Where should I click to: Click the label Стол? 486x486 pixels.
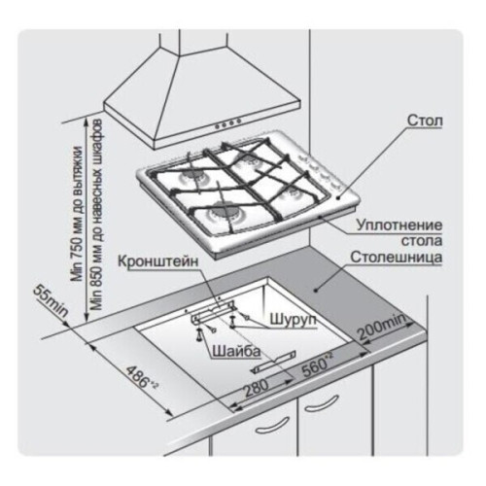tap(425, 121)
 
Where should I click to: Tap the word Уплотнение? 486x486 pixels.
tap(399, 225)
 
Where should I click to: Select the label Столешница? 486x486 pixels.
tap(397, 258)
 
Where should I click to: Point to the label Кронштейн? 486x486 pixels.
tap(157, 261)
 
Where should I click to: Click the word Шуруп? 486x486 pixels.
tap(293, 319)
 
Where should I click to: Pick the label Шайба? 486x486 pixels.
tap(236, 352)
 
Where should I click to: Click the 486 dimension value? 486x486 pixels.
tap(141, 377)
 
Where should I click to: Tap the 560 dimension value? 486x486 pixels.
tap(317, 364)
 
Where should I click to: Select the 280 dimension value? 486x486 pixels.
tap(257, 387)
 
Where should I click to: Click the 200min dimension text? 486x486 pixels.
tap(381, 327)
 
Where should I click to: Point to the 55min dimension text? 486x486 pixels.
tap(51, 300)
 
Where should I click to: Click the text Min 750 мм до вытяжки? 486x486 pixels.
tap(78, 214)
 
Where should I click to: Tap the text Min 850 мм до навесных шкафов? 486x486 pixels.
tap(97, 215)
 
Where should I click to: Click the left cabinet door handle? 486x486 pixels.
tap(272, 426)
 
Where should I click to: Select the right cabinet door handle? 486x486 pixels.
tap(322, 403)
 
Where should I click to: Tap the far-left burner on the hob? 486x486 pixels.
tap(192, 177)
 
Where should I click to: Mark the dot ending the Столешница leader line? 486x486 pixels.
tap(315, 290)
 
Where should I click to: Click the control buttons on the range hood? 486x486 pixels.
tap(227, 123)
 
